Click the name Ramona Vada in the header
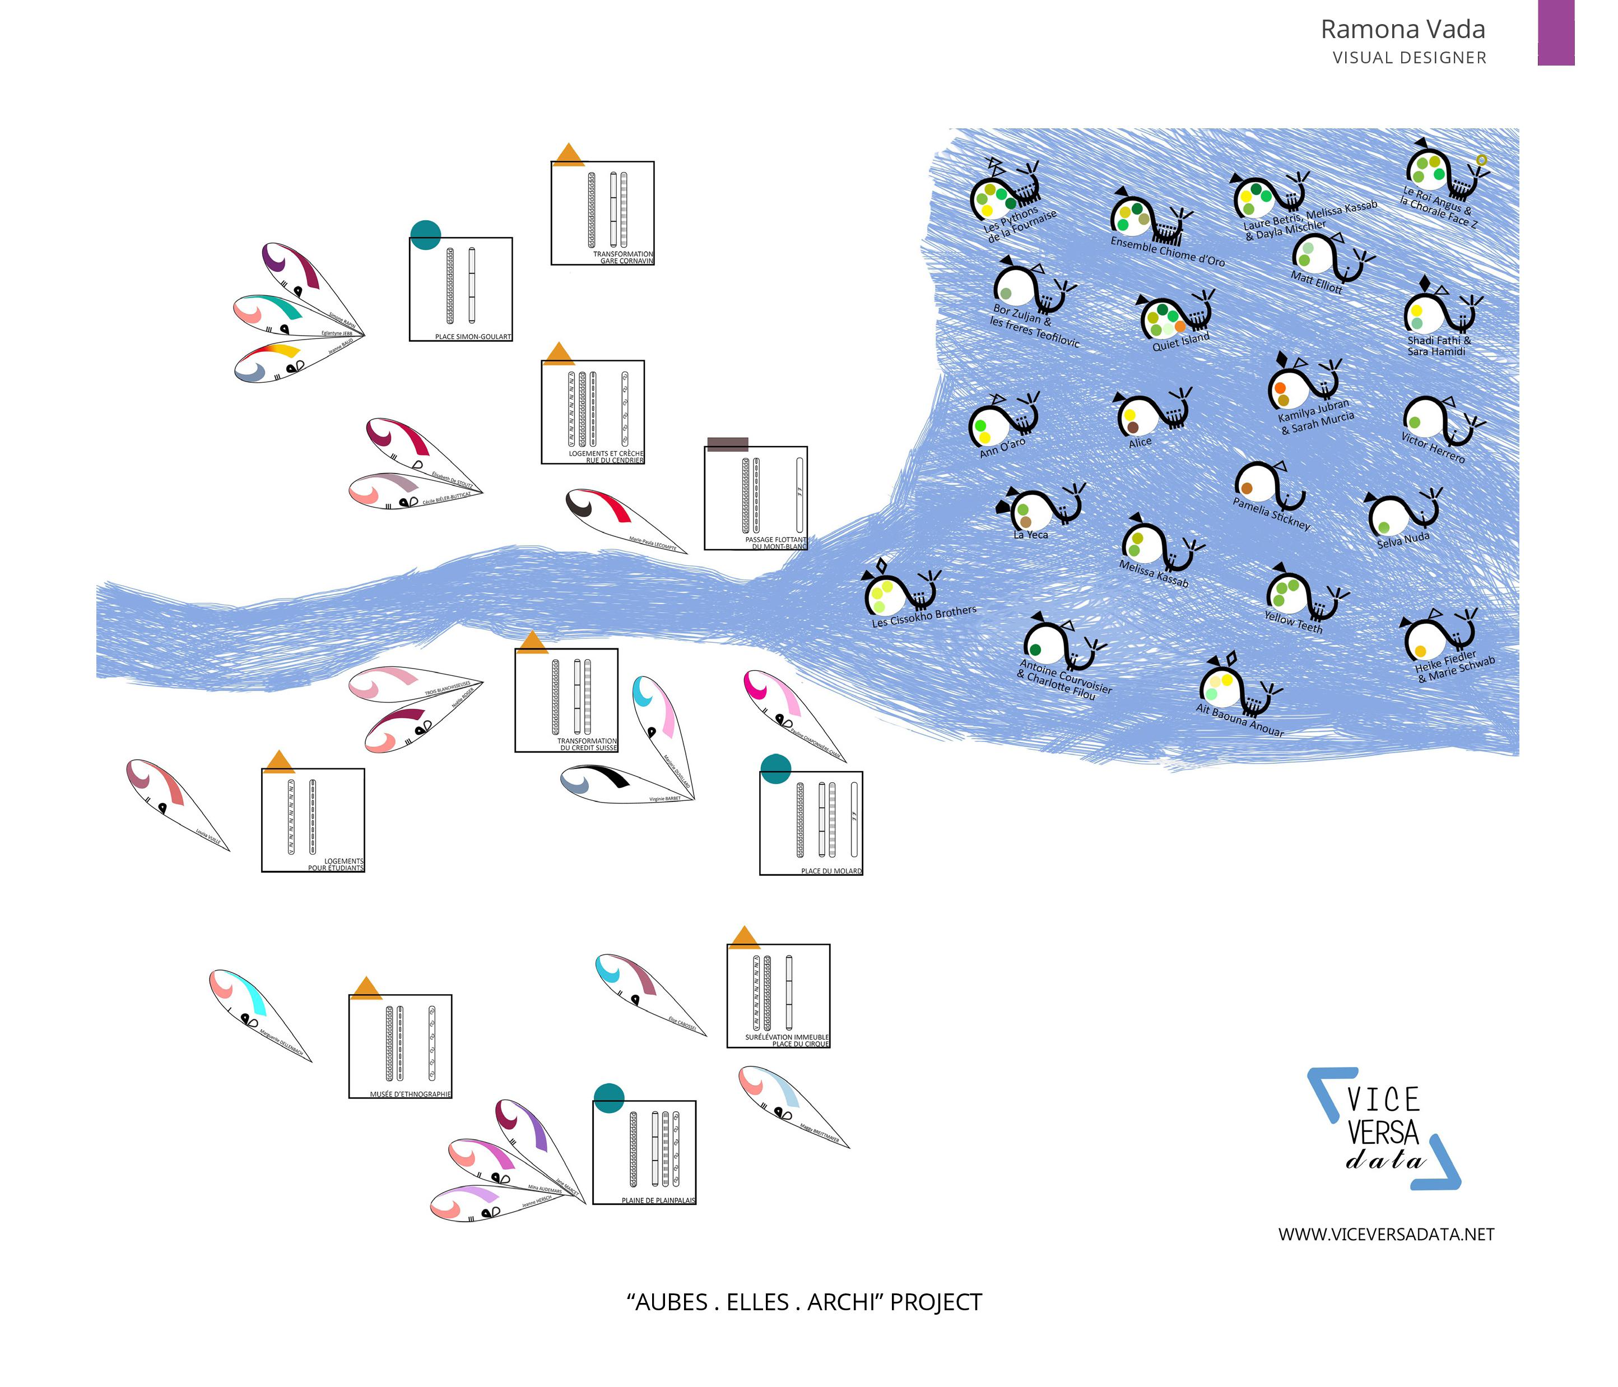1402,30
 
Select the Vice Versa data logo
1383,1129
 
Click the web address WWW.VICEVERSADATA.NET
1386,1235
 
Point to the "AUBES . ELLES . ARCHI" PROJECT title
805,1302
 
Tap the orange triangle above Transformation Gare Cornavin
569,155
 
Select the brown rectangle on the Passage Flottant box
728,444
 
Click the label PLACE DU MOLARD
831,871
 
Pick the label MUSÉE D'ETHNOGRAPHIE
411,1094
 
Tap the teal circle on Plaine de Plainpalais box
609,1098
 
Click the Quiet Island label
1180,341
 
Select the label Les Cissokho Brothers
924,617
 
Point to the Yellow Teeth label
1294,623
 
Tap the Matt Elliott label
1317,282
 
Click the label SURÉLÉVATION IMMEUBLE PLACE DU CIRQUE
787,1040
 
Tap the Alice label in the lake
1140,443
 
